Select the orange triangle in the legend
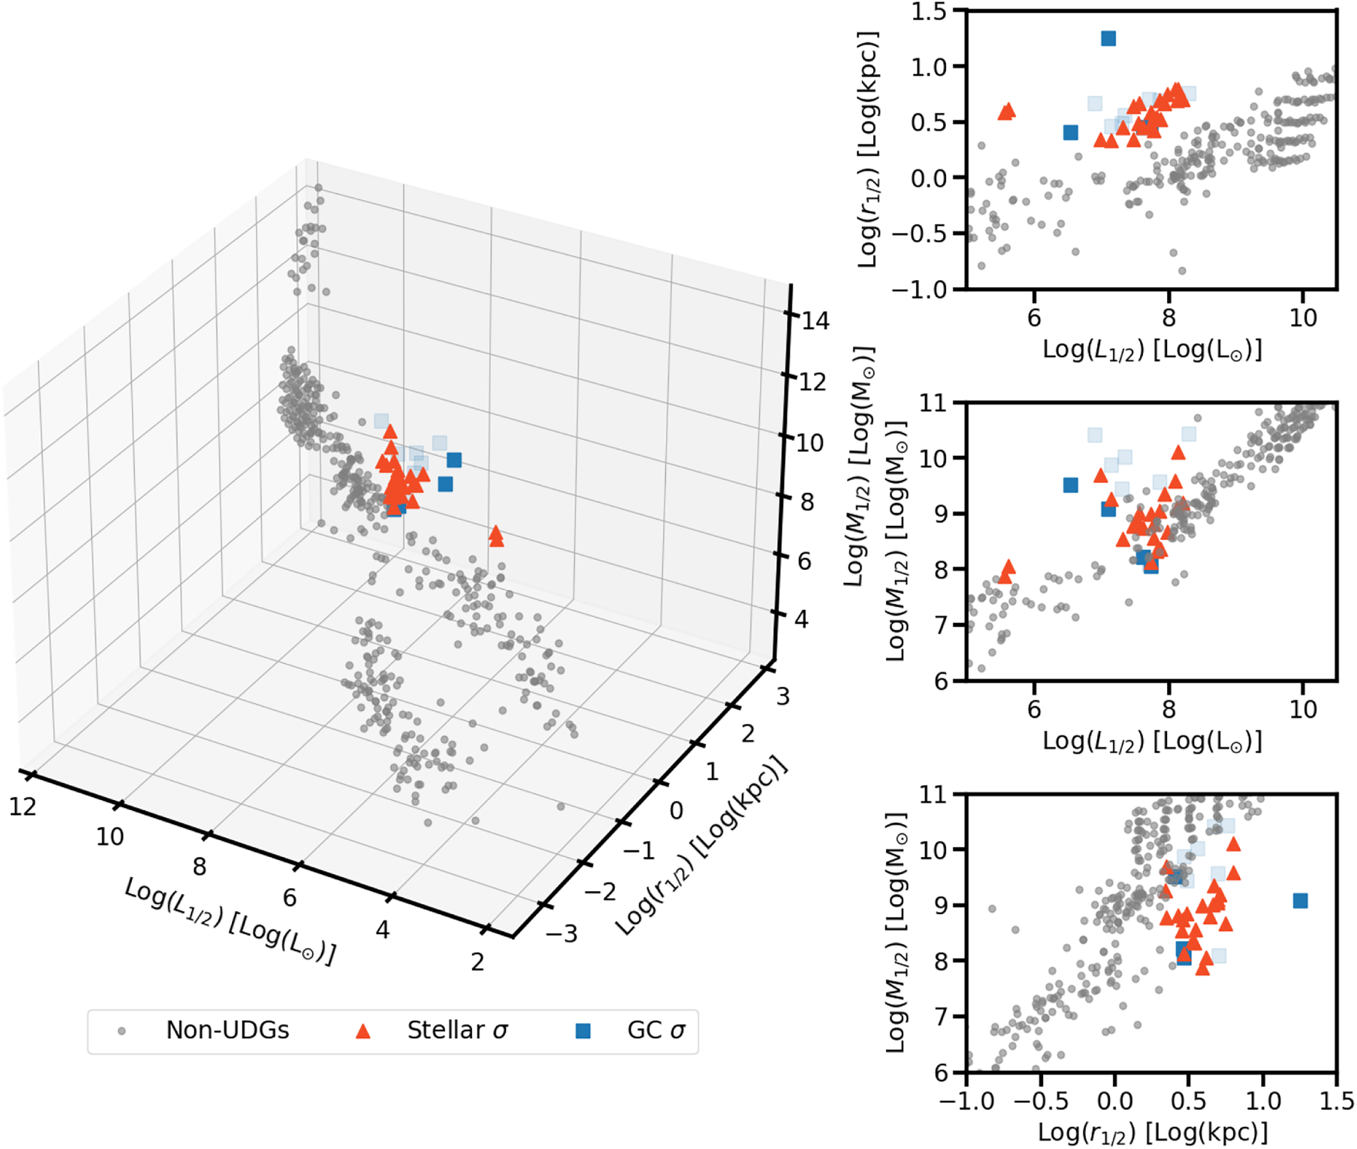[x=363, y=1030]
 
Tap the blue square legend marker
[x=583, y=1030]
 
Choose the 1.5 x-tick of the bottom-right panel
[x=1336, y=1101]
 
